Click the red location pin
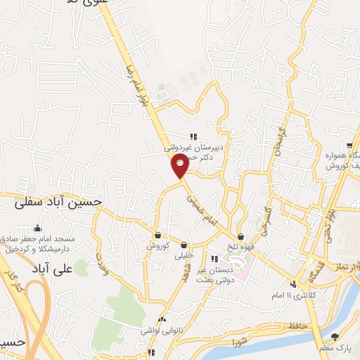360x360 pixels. click(x=180, y=167)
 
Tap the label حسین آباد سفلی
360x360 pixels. click(x=58, y=202)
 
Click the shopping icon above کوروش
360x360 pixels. click(x=158, y=235)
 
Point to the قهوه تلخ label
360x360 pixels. click(x=240, y=247)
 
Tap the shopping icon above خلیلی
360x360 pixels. click(x=184, y=245)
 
